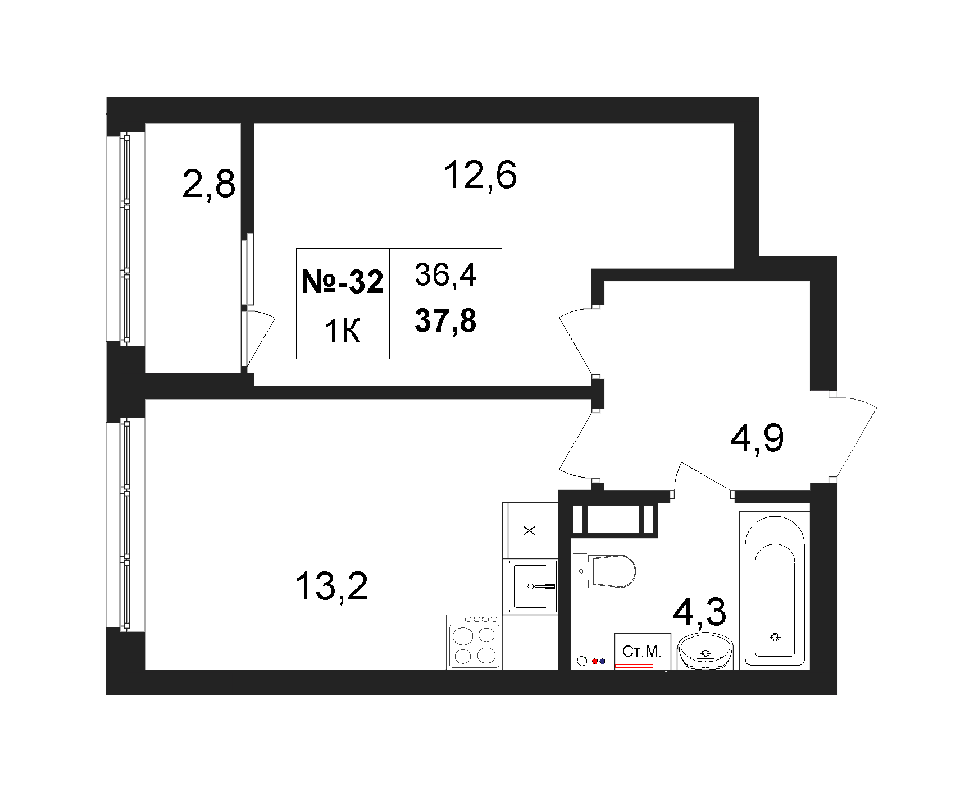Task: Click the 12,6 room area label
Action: point(480,175)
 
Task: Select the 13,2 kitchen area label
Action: point(331,586)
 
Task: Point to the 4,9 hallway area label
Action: point(757,438)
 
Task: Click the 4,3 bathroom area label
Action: point(699,612)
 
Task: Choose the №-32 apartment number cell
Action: point(343,281)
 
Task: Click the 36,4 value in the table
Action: point(445,274)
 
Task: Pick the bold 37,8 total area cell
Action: point(445,321)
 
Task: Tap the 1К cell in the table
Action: point(343,331)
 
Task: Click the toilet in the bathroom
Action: point(604,571)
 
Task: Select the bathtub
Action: point(775,590)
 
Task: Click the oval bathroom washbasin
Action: point(705,651)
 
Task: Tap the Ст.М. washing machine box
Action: point(643,651)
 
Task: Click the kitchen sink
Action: point(533,586)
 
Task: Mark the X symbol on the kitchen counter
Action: point(530,530)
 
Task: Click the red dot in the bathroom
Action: point(595,661)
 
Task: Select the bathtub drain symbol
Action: point(775,637)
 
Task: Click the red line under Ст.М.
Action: point(634,666)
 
